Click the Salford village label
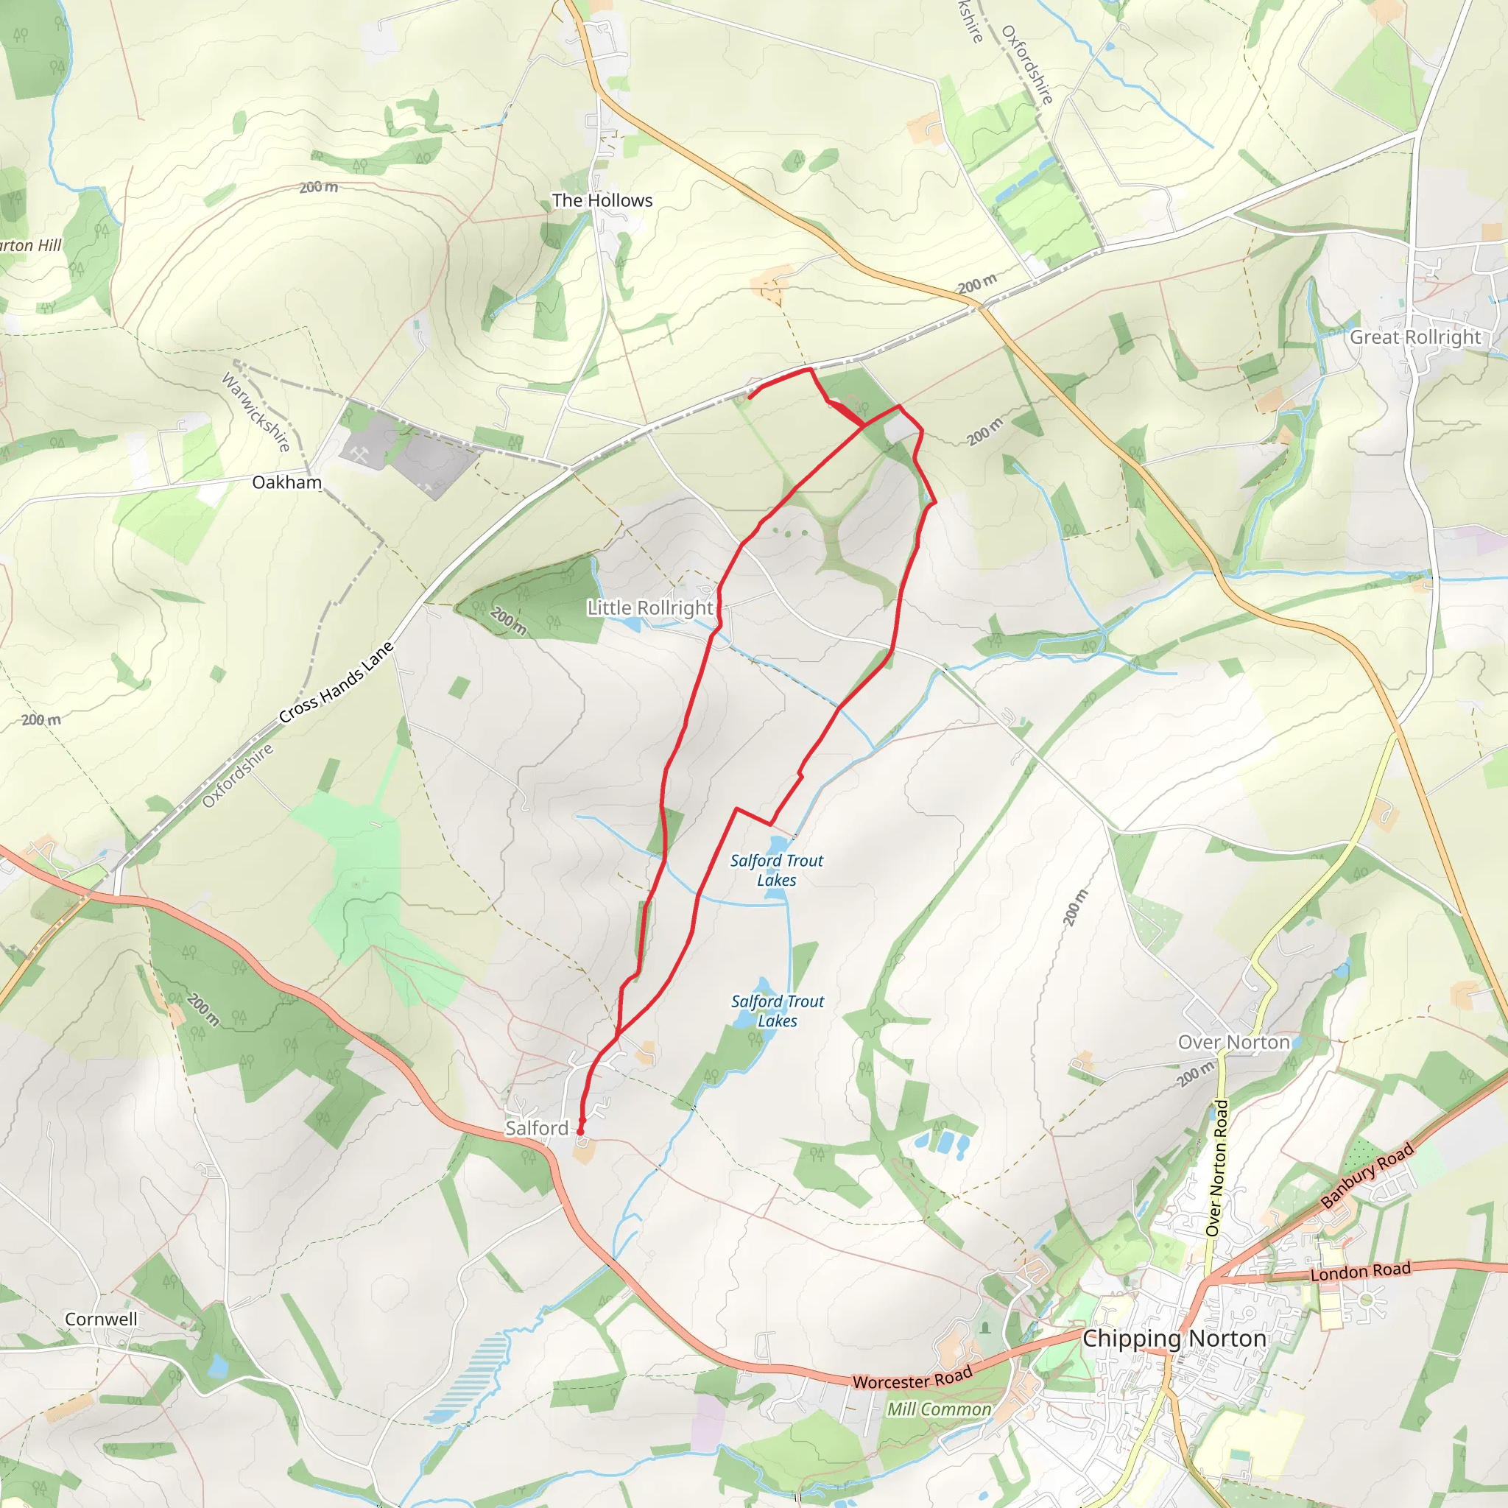point(536,1128)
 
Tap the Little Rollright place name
point(650,607)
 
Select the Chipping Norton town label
point(1174,1338)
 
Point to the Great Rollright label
point(1415,337)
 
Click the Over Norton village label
point(1233,1042)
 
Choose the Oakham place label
point(286,482)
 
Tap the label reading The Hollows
point(602,200)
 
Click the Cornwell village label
point(101,1319)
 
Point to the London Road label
point(1361,1272)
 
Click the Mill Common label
point(938,1409)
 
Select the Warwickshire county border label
point(256,412)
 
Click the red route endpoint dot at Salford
point(580,1131)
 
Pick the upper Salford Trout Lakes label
point(777,870)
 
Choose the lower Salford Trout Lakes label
point(778,1011)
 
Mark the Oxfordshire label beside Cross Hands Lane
point(238,775)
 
